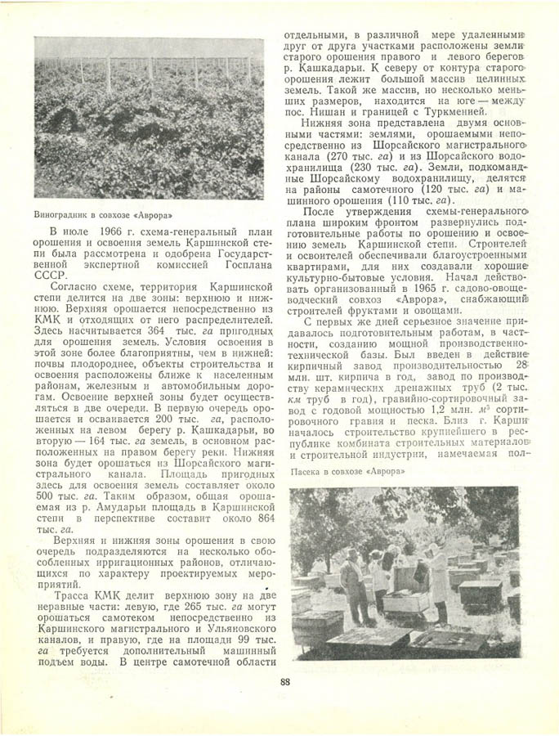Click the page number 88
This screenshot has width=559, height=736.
click(x=284, y=683)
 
